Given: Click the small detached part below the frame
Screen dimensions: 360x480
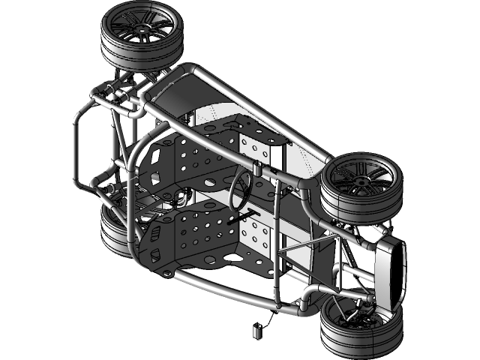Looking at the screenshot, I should click(x=257, y=327).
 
